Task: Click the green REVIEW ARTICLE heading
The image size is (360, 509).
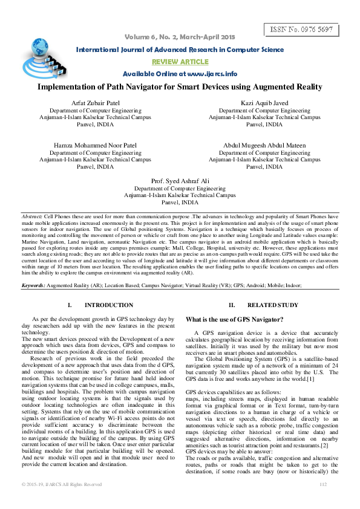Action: pos(180,62)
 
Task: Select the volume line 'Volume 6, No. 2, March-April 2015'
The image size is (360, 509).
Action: pos(180,38)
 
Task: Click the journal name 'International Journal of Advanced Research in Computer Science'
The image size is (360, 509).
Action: pos(180,50)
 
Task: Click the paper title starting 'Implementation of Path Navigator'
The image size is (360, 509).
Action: pos(180,87)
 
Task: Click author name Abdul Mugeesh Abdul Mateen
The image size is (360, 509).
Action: pos(265,146)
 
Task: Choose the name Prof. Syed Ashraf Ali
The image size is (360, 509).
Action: pos(180,181)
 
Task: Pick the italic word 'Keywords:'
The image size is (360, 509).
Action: pos(33,284)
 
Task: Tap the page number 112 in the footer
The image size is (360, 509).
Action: pos(322,501)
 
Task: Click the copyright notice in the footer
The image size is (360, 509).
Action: pos(62,501)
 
